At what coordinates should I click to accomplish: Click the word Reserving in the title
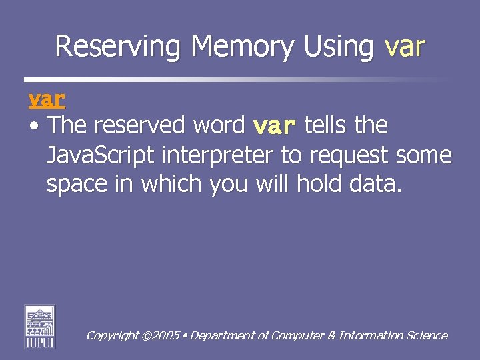point(119,47)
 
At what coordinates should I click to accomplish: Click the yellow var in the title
point(405,47)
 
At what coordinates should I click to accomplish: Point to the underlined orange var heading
point(47,99)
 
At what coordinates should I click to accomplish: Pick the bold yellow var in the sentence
point(275,126)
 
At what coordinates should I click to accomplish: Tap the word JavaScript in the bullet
point(99,155)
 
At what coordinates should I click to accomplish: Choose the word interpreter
point(214,155)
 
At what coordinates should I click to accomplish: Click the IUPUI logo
point(40,326)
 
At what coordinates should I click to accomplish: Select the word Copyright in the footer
point(112,336)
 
